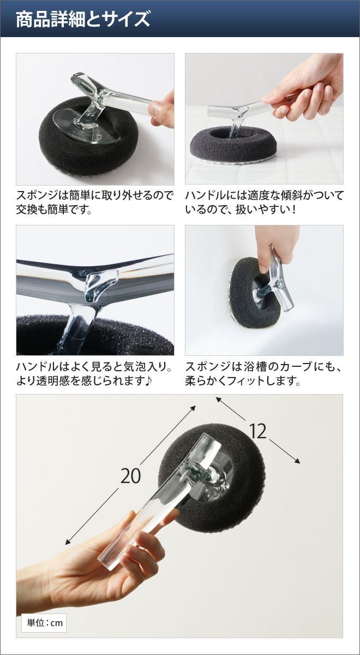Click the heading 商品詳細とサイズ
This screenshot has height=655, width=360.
click(83, 19)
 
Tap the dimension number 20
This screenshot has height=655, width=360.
click(130, 477)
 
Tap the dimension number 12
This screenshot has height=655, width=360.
click(257, 432)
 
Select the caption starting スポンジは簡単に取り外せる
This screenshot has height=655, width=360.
click(95, 203)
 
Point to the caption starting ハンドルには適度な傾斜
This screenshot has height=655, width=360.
click(263, 203)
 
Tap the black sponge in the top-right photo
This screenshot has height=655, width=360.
click(232, 142)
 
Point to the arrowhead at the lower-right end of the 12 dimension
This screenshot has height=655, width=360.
click(297, 461)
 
